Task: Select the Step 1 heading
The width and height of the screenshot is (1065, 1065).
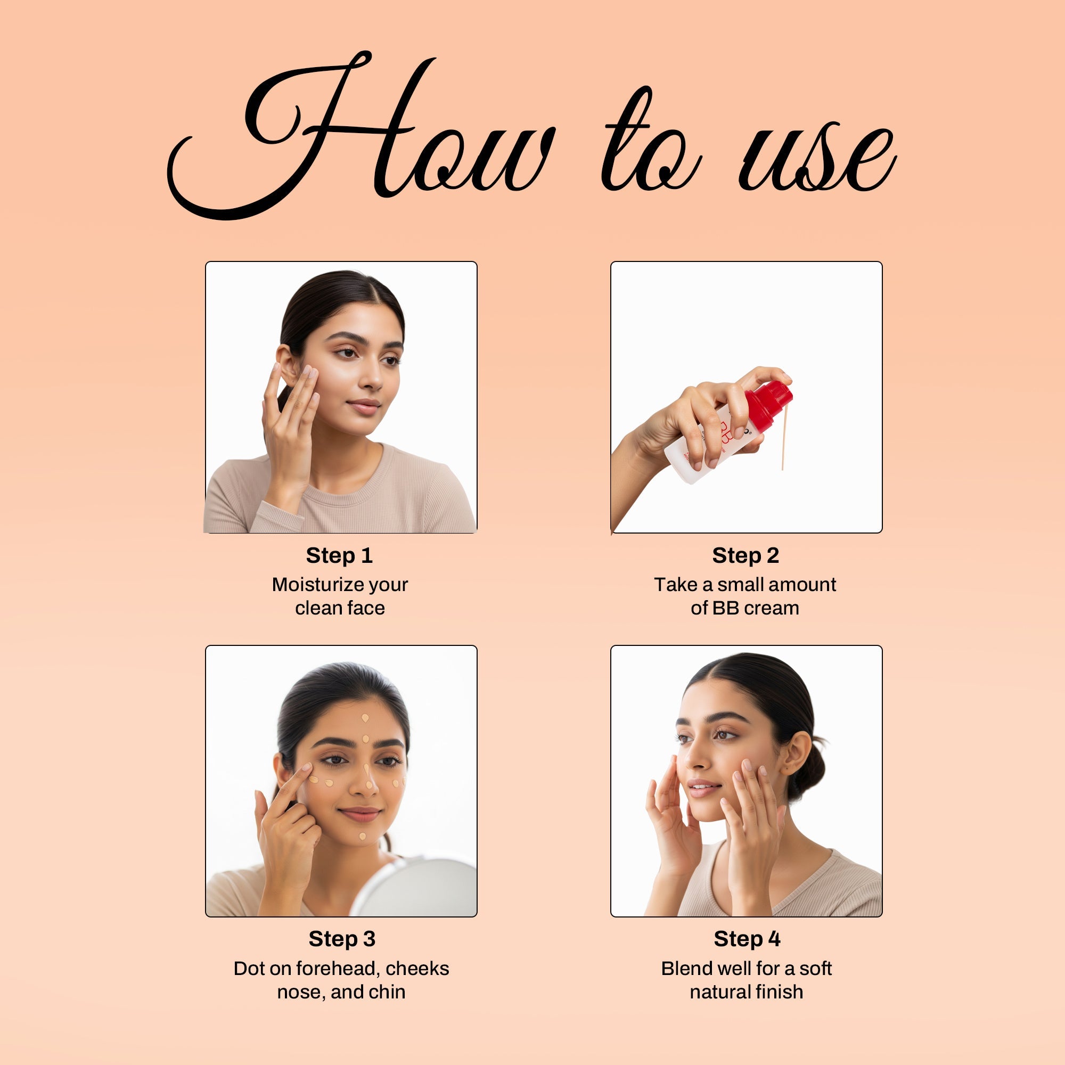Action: click(340, 555)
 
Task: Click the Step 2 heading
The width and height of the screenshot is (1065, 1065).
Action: click(745, 555)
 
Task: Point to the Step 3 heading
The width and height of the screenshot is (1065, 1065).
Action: click(342, 939)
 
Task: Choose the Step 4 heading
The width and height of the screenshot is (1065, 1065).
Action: click(747, 939)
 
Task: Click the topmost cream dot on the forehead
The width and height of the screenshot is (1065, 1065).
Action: click(365, 718)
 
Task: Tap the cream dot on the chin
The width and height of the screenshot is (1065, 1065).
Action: click(362, 837)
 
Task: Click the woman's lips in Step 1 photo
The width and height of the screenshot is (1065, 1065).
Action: click(364, 406)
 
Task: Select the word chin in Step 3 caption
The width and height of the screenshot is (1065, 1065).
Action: click(388, 992)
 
